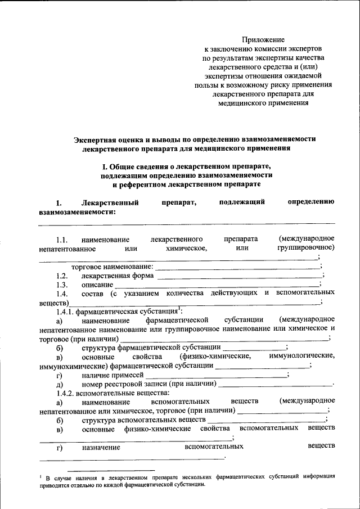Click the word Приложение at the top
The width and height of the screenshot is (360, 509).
pyautogui.click(x=263, y=40)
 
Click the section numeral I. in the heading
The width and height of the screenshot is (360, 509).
pyautogui.click(x=104, y=167)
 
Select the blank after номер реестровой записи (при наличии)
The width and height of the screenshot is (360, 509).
pyautogui.click(x=275, y=385)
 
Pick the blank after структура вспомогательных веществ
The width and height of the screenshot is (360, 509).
pyautogui.click(x=270, y=420)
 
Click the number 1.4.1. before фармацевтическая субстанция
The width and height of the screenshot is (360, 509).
pyautogui.click(x=65, y=312)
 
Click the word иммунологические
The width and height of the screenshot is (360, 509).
pyautogui.click(x=302, y=356)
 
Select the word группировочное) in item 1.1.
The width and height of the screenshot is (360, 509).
pyautogui.click(x=306, y=248)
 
